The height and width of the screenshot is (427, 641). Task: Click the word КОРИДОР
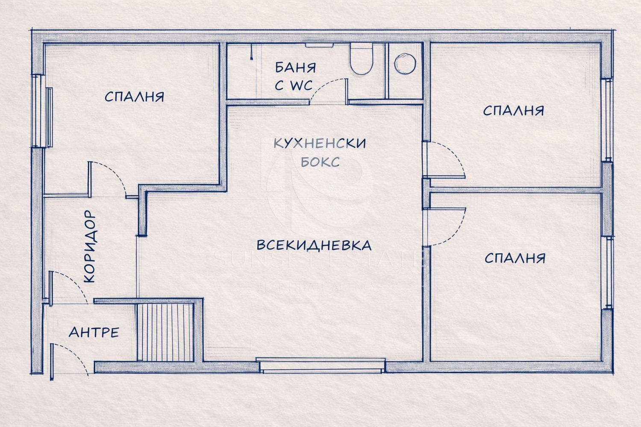[90, 246]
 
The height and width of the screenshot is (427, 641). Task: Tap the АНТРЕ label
[94, 332]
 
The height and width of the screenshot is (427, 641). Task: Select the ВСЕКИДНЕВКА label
[314, 245]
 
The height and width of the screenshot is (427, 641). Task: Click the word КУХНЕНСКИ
[320, 143]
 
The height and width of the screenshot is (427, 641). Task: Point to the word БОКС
[320, 162]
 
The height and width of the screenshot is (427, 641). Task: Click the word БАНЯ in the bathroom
[295, 67]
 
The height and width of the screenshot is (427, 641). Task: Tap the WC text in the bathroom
[301, 85]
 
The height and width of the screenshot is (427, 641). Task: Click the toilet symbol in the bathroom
[362, 59]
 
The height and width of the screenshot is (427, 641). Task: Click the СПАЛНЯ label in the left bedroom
[134, 97]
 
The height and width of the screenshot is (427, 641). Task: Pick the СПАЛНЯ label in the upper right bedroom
[514, 111]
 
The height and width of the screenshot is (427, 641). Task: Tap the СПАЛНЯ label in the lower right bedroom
[515, 258]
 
